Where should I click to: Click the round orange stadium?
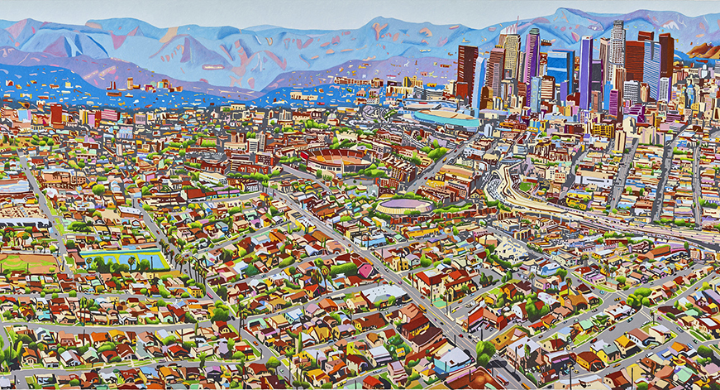(334, 156)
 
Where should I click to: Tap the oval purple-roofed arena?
(404, 205)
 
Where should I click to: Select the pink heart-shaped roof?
(365, 270)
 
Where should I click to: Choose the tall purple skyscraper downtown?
(585, 70)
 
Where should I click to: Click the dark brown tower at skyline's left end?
(467, 70)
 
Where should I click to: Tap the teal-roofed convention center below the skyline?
(446, 119)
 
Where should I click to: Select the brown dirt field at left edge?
(21, 264)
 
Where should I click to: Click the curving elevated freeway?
(529, 199)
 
